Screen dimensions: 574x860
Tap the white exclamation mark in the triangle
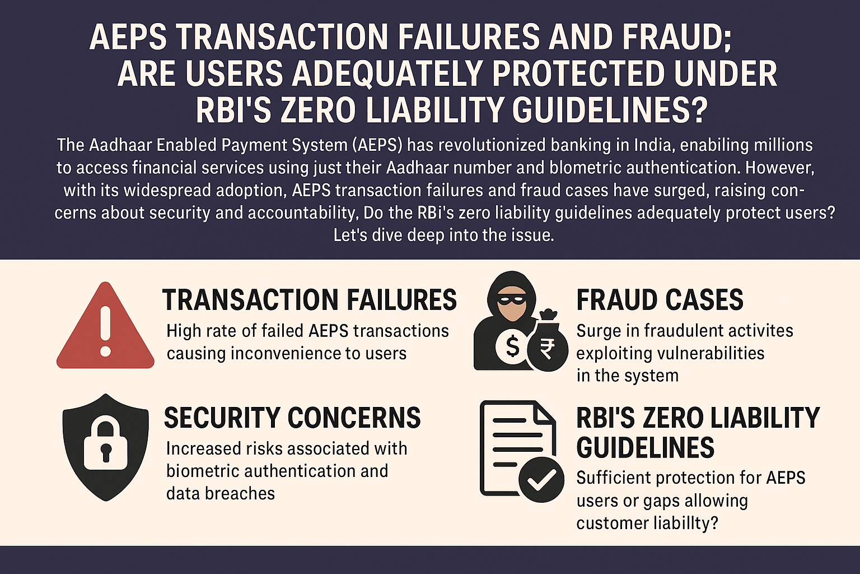click(x=105, y=332)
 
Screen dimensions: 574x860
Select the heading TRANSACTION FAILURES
click(x=309, y=300)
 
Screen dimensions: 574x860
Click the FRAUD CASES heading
click(x=660, y=300)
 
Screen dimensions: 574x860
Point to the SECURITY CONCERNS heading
click(x=292, y=418)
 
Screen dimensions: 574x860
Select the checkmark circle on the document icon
click(x=541, y=479)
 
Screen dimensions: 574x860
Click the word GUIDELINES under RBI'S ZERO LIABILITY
click(x=645, y=448)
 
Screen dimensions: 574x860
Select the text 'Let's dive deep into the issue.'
click(x=443, y=235)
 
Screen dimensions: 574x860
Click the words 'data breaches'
click(x=221, y=493)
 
